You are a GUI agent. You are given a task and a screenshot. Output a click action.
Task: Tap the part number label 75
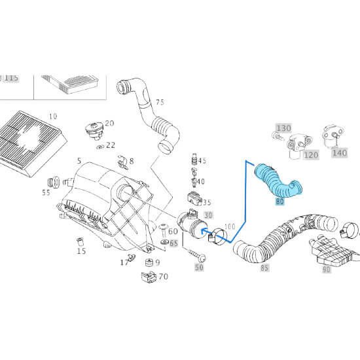pyautogui.click(x=160, y=102)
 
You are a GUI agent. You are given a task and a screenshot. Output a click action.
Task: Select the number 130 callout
pyautogui.click(x=284, y=128)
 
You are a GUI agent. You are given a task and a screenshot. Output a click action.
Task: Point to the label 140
pyautogui.click(x=340, y=153)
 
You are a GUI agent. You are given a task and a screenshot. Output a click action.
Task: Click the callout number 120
pyautogui.click(x=311, y=154)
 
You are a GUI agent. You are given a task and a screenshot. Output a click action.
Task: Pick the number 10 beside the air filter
pyautogui.click(x=53, y=117)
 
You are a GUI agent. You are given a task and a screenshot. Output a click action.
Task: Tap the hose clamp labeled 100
pyautogui.click(x=218, y=236)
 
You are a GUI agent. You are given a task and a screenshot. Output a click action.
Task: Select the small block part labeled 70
pyautogui.click(x=149, y=277)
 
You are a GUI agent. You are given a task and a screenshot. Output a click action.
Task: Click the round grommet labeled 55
pyautogui.click(x=53, y=183)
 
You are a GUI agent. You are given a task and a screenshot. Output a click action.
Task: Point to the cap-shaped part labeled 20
pyautogui.click(x=94, y=131)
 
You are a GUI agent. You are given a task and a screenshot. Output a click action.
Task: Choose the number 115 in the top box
pyautogui.click(x=10, y=78)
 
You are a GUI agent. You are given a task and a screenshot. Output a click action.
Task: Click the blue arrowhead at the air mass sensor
pyautogui.click(x=203, y=231)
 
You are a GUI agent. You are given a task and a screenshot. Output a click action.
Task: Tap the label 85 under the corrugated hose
pyautogui.click(x=264, y=268)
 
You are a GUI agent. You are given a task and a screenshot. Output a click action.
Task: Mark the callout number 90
pyautogui.click(x=326, y=269)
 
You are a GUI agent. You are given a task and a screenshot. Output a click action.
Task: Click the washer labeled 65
pyautogui.click(x=164, y=242)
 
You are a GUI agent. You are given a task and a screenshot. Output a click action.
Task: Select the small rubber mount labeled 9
pyautogui.click(x=149, y=262)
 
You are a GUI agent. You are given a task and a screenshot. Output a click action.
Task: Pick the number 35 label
pyautogui.click(x=207, y=202)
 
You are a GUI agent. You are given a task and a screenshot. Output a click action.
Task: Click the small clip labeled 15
pyautogui.click(x=80, y=242)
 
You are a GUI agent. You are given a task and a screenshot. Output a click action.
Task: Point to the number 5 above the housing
pyautogui.click(x=79, y=161)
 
